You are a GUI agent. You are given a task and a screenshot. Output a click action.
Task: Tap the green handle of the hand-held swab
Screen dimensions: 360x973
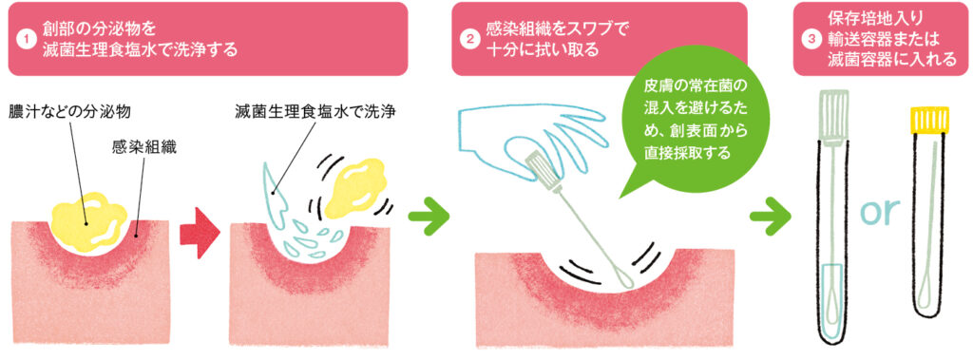tap(538, 162)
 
